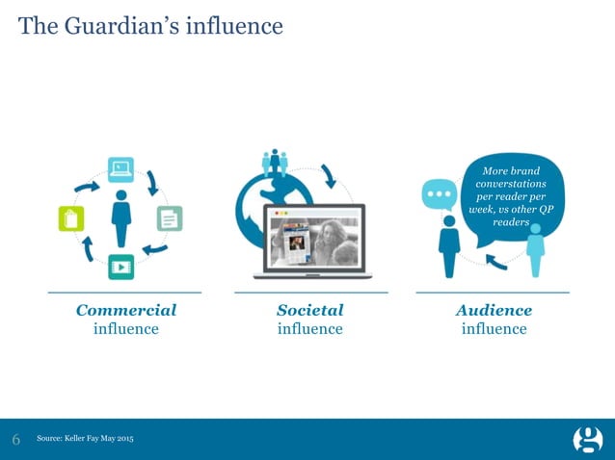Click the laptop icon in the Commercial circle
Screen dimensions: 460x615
coord(120,169)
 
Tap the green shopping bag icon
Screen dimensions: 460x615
coord(70,218)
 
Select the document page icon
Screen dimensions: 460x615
coord(170,218)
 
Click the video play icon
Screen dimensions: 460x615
coord(120,267)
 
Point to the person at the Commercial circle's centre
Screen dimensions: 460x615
coord(120,217)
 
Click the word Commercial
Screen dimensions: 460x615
coord(125,310)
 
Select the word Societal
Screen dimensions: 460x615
coord(309,310)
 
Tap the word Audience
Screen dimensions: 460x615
coord(494,310)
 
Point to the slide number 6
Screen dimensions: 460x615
coord(16,440)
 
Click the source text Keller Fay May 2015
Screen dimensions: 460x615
coord(85,440)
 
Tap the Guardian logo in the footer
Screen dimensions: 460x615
coord(587,440)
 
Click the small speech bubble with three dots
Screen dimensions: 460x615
coord(440,193)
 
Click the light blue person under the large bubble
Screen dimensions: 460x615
coord(535,251)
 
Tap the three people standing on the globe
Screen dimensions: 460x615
coord(275,162)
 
